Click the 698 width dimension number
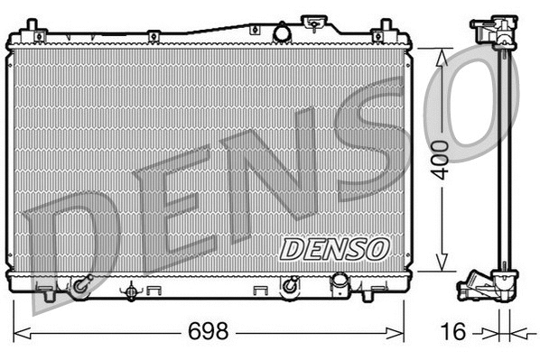[207, 331]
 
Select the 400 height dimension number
[440, 161]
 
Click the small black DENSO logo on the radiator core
[334, 248]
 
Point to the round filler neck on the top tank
[282, 32]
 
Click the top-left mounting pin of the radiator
[32, 24]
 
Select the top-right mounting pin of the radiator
[387, 24]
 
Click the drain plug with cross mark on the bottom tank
[133, 291]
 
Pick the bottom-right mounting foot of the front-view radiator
[369, 293]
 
